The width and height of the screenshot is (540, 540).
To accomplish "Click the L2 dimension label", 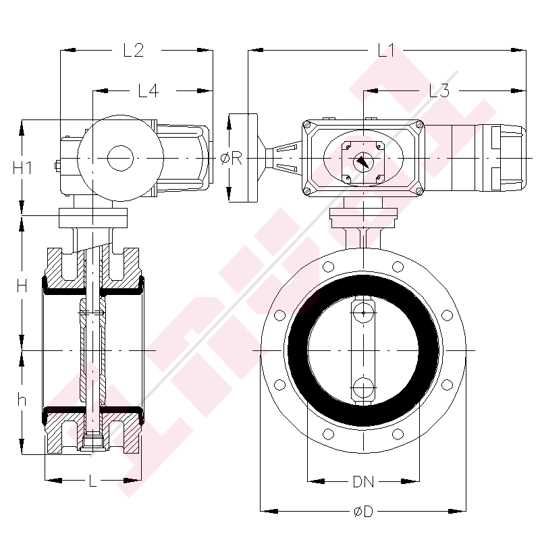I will point(133,50).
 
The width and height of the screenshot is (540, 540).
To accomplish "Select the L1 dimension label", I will point(387,50).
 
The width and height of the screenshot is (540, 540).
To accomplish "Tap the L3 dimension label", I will point(439,90).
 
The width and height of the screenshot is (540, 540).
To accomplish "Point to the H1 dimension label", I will point(22,168).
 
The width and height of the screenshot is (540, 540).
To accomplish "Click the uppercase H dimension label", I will point(22,286).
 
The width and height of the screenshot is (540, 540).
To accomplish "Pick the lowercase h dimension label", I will point(22,400).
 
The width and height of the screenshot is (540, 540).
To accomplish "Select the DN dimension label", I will point(364,482).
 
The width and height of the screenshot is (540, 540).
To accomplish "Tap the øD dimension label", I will point(362,512).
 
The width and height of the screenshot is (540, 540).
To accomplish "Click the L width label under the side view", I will point(93,481).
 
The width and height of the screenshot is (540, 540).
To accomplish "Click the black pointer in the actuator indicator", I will point(362,162).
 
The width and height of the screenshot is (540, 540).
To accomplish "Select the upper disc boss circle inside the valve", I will point(363,311).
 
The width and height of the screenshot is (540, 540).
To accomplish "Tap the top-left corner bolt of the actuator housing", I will point(308,126).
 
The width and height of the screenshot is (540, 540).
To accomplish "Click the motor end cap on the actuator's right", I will point(508,158).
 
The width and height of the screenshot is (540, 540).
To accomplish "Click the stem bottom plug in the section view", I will point(92,443).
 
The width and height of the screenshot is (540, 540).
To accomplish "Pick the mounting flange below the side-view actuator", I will point(93,218).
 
